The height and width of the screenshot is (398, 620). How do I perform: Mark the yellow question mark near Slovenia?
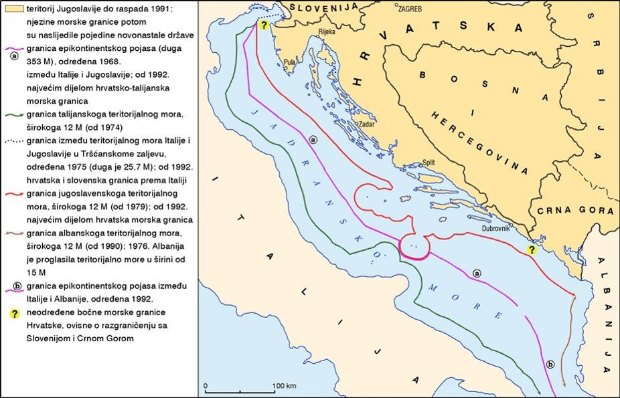point(264,25)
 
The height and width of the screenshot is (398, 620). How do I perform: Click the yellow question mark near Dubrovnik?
point(531,250)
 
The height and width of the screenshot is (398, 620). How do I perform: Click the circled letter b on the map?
point(550,364)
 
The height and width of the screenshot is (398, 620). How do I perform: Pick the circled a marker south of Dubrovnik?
point(477,273)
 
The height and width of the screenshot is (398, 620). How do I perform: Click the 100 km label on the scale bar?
point(285,387)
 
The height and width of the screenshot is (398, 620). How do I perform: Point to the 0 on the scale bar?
point(206,387)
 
